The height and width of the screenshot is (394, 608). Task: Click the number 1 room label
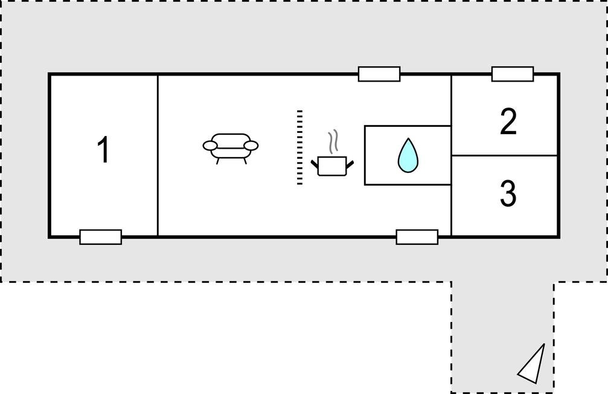[x=104, y=150]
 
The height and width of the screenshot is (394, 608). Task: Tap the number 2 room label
[x=508, y=122]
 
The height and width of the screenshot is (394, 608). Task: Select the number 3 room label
[x=508, y=194]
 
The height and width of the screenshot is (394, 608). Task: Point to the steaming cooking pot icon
[x=331, y=164]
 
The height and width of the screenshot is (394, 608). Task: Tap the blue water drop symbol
[x=408, y=155]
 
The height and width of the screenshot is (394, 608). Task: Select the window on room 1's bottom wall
[x=101, y=237]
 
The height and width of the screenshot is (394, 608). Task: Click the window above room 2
[x=513, y=74]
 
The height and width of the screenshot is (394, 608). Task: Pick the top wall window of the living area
[x=379, y=74]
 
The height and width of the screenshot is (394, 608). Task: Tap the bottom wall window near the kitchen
[x=417, y=237]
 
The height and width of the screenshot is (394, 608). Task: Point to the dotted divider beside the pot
[x=299, y=147]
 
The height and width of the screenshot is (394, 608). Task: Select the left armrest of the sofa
[x=210, y=145]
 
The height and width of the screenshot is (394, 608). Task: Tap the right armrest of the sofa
[x=252, y=145]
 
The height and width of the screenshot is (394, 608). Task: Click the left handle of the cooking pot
[x=315, y=162]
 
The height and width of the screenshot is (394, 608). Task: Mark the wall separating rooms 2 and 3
[x=505, y=155]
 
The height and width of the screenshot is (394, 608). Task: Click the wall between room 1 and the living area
[x=158, y=155]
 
